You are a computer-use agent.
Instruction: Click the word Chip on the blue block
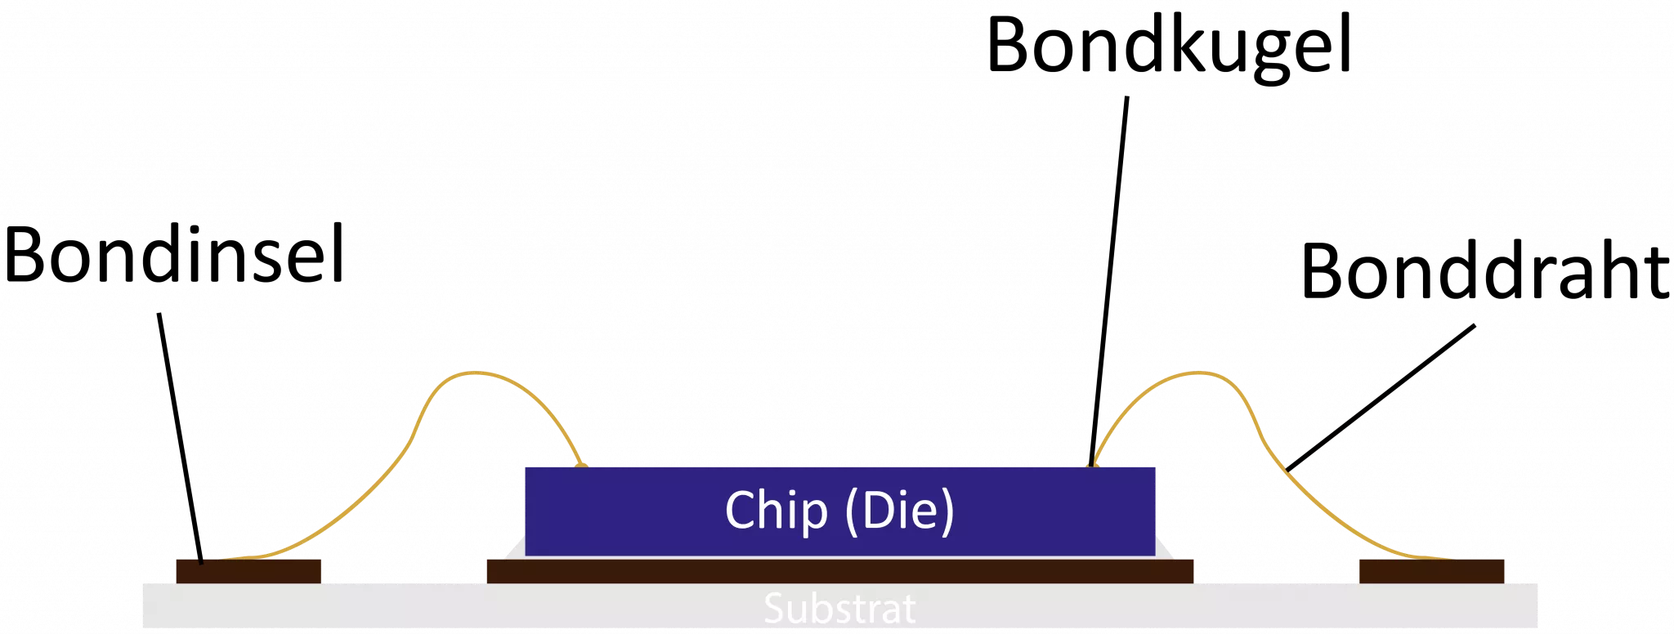(776, 510)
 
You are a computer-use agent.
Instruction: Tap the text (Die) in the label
(898, 510)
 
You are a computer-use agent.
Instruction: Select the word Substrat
(839, 609)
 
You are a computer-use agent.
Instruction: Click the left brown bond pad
(248, 570)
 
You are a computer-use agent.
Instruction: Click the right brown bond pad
(1431, 570)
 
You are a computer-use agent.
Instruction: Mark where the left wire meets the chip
(581, 464)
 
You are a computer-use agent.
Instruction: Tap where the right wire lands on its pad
(1447, 560)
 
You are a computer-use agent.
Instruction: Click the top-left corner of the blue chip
(526, 467)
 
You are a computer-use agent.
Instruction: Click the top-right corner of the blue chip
(1155, 467)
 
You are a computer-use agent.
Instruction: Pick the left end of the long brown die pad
(490, 570)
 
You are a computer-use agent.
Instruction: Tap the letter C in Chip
(741, 510)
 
